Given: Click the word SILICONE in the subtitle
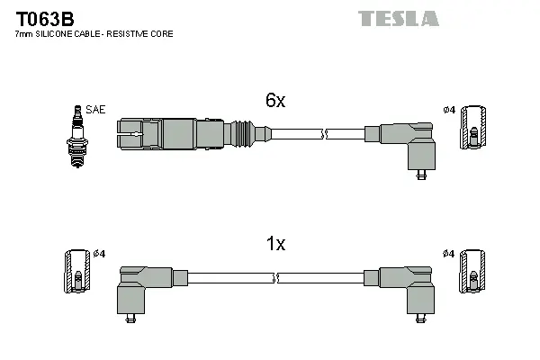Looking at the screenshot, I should (52, 34).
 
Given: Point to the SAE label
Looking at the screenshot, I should (97, 110).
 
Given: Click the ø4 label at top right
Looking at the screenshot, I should (450, 111).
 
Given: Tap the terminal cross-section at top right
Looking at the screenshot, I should (474, 130).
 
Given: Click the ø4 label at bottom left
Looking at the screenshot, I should (100, 254).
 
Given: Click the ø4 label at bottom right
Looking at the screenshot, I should (450, 254).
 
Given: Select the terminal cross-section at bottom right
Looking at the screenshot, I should (474, 271).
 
